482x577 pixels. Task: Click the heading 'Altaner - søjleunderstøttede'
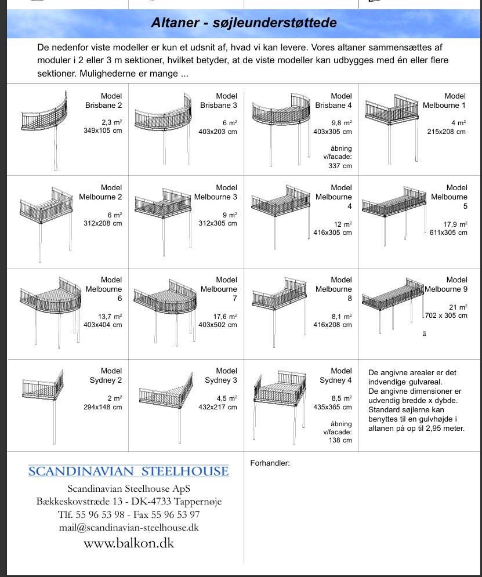pyautogui.click(x=244, y=23)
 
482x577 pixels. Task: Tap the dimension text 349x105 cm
pyautogui.click(x=103, y=132)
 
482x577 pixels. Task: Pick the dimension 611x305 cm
pyautogui.click(x=447, y=233)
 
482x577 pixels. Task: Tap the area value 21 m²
pyautogui.click(x=458, y=307)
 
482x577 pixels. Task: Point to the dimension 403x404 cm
pyautogui.click(x=103, y=325)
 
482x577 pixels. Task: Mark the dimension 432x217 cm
pyautogui.click(x=218, y=407)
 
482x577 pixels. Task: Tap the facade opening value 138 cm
pyautogui.click(x=340, y=441)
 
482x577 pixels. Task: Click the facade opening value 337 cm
pyautogui.click(x=340, y=166)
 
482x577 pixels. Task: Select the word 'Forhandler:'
pyautogui.click(x=270, y=463)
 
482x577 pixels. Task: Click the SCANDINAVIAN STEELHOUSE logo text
pyautogui.click(x=128, y=471)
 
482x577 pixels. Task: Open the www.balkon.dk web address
pyautogui.click(x=129, y=543)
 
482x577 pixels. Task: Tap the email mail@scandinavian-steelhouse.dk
pyautogui.click(x=129, y=528)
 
